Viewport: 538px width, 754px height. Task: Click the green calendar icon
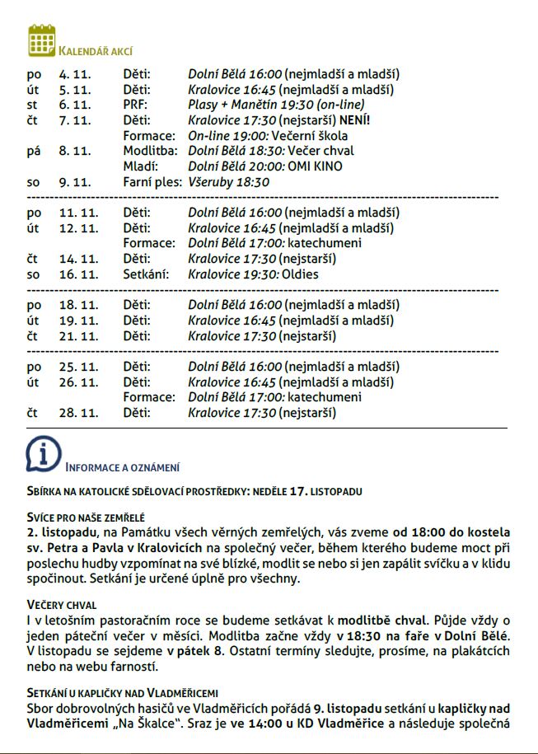pyautogui.click(x=41, y=40)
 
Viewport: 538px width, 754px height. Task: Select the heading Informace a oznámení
pyautogui.click(x=123, y=468)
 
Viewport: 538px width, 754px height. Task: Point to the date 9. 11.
pyautogui.click(x=74, y=181)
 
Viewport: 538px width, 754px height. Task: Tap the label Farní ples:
pyautogui.click(x=152, y=181)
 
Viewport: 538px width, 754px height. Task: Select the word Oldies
pyautogui.click(x=300, y=274)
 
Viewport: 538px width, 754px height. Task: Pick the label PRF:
pyautogui.click(x=135, y=105)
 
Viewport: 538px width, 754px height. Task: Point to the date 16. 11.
pyautogui.click(x=77, y=274)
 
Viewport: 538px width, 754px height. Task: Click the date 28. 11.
pyautogui.click(x=77, y=413)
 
